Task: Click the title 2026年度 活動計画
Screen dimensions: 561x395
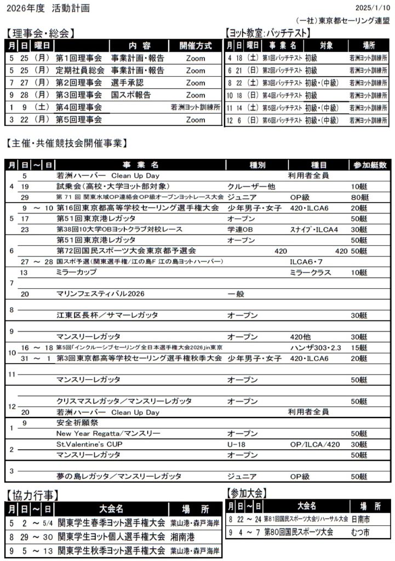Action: pos(47,8)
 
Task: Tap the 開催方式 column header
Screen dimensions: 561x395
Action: pos(195,45)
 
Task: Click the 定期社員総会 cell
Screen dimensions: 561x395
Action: pos(79,70)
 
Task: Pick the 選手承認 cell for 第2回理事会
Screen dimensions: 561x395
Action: pos(127,83)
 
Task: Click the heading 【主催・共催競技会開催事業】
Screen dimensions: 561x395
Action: pos(66,144)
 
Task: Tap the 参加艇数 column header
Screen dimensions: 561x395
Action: pos(370,164)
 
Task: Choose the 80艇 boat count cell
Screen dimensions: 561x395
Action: pos(359,197)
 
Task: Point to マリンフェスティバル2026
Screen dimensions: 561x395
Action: pos(100,294)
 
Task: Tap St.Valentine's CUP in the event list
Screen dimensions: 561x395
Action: pos(89,444)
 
